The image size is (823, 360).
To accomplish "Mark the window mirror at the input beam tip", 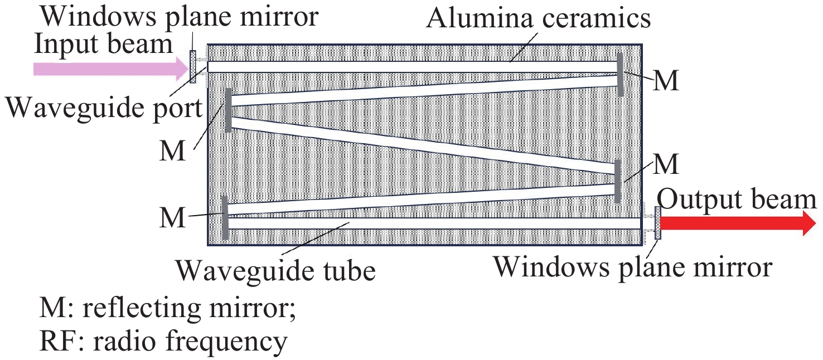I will (193, 67).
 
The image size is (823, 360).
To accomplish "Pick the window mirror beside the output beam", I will (658, 223).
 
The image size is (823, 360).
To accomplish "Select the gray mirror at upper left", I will (228, 110).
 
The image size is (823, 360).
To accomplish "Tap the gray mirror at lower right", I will (618, 181).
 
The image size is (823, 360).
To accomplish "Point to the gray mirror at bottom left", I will (225, 217).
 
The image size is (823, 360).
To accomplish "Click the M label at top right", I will (666, 81).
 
